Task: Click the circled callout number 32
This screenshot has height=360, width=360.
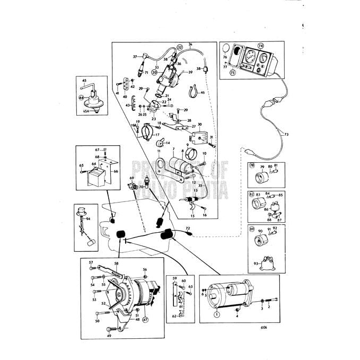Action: [x=179, y=48]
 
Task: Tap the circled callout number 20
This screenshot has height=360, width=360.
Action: [x=154, y=73]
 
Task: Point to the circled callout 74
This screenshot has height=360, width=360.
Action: [x=260, y=46]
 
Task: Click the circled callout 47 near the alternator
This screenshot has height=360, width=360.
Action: [x=145, y=320]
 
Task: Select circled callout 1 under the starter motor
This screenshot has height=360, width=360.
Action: [x=216, y=313]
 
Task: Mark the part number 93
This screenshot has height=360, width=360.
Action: [x=256, y=264]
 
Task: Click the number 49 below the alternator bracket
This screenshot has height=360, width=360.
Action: [x=109, y=336]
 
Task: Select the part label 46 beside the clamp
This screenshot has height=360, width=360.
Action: [x=202, y=92]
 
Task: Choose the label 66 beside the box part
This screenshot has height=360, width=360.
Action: [x=116, y=171]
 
